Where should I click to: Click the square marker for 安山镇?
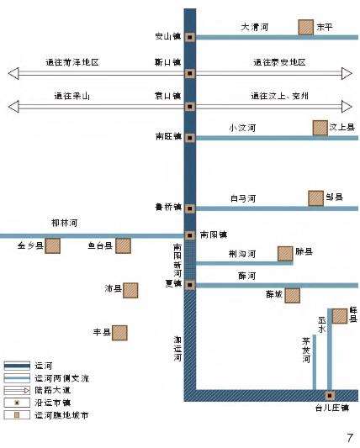[190, 37]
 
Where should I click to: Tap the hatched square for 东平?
[305, 27]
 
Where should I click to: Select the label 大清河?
[254, 27]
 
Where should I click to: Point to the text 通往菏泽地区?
[72, 63]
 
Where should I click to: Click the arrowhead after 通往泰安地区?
[347, 73]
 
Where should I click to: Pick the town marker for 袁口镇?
[190, 106]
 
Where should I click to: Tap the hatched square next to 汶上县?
[320, 128]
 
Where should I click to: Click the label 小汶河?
[242, 128]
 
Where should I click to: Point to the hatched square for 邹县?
[315, 198]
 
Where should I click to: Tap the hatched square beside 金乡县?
[53, 245]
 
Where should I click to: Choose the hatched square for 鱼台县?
[123, 245]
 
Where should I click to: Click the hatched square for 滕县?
[285, 253]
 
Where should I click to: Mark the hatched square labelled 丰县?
[120, 333]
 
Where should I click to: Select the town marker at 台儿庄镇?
[330, 395]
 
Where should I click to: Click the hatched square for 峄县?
[340, 315]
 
